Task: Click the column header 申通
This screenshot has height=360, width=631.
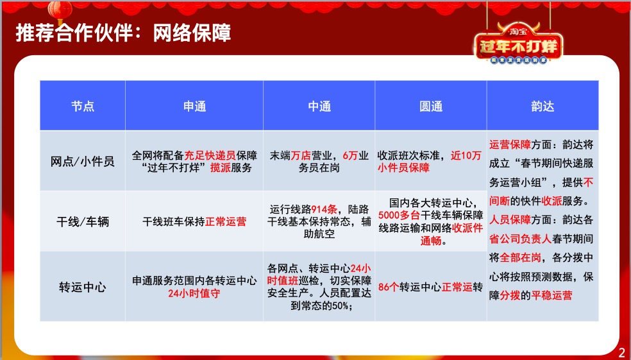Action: pos(194,107)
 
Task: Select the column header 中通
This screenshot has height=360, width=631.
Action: pos(319,107)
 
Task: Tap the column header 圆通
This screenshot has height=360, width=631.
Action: pos(430,107)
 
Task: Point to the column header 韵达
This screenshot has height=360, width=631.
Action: pos(543,107)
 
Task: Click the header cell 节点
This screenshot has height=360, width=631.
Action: pos(83,107)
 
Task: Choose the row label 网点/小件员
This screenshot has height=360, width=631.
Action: pos(83,162)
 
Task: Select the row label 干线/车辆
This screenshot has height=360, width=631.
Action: pos(83,221)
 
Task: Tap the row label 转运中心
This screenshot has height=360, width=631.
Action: pos(83,287)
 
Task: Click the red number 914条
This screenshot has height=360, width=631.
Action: pos(324,209)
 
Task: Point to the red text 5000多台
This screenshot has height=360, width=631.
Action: pos(399,216)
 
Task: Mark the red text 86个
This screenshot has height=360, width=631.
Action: pos(389,287)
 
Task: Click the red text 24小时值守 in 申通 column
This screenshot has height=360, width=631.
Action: pos(194,293)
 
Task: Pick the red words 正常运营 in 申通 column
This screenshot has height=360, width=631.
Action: pos(226,221)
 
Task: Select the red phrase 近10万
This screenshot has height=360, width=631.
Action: pos(466,155)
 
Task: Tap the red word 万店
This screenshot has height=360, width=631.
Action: pos(301,155)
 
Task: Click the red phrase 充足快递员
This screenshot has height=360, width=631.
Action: pos(210,155)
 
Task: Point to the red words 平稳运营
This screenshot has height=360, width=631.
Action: pos(551,295)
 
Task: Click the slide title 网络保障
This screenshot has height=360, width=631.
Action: pos(192,33)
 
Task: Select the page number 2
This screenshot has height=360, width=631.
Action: pos(622,352)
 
